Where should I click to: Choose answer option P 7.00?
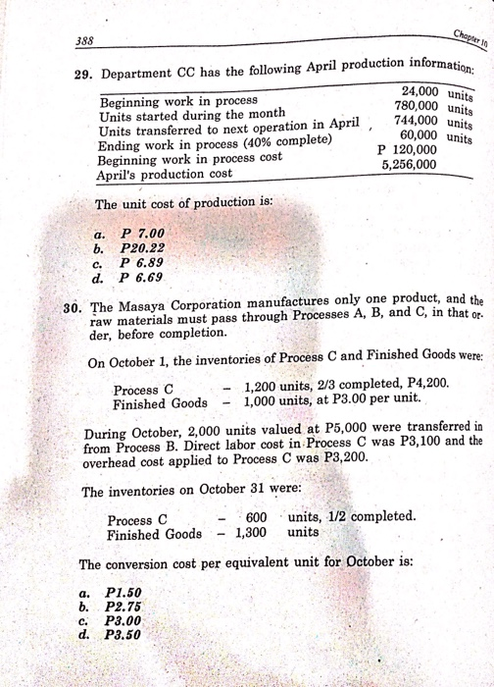point(139,235)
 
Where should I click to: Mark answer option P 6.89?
point(139,264)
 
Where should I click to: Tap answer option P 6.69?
point(139,278)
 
